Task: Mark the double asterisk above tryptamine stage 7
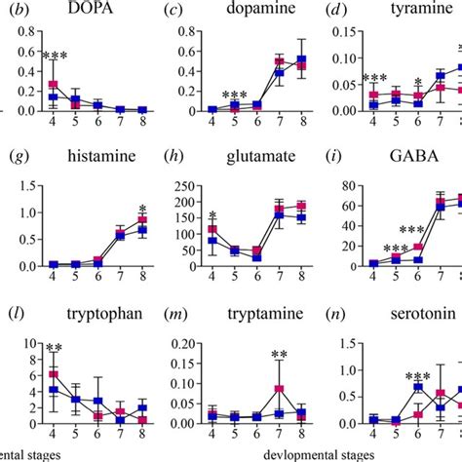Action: pos(280,355)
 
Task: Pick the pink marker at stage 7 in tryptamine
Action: pos(280,389)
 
